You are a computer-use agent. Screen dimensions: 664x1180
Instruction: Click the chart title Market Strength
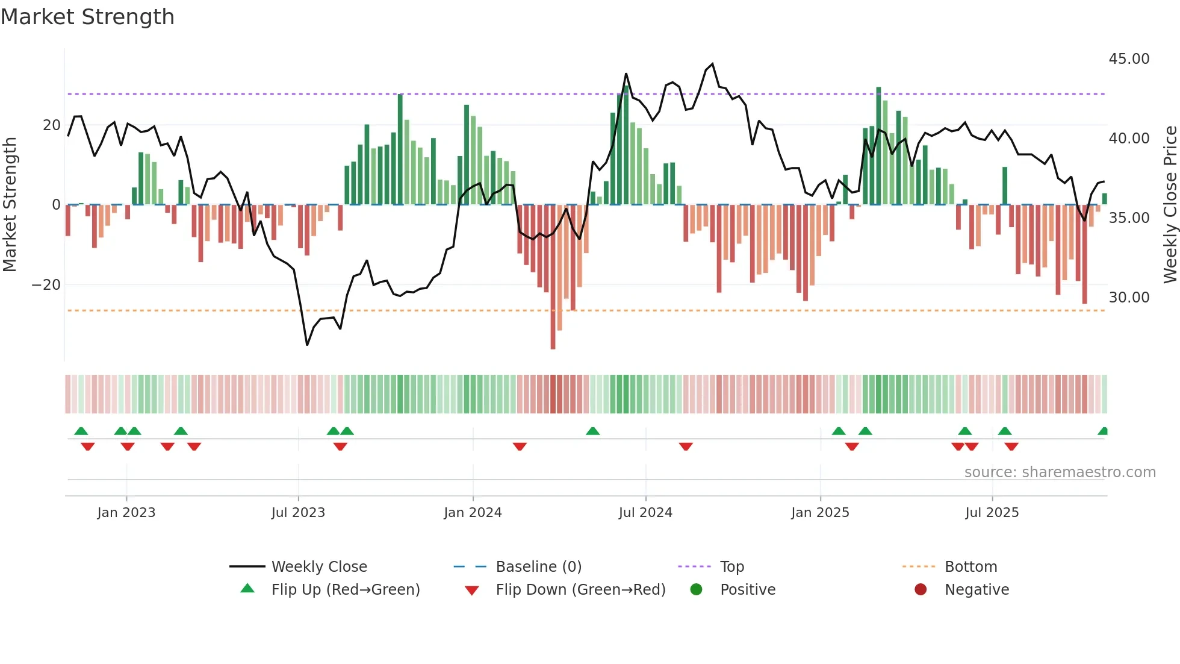click(87, 17)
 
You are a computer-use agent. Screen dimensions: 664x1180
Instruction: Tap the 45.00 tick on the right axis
click(1129, 59)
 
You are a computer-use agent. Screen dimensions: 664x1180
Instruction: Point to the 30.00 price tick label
click(1129, 298)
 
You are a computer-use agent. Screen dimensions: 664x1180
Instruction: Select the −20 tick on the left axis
click(46, 284)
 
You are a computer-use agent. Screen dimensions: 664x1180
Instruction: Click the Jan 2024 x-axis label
click(473, 513)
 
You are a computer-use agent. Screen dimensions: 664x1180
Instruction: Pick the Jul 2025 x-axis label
click(992, 513)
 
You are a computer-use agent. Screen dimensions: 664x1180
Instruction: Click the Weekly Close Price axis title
click(1170, 205)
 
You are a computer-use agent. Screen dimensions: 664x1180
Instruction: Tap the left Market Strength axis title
click(10, 205)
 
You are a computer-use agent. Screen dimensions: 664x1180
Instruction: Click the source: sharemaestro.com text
click(1060, 472)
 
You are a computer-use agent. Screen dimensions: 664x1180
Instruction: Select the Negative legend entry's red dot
click(921, 590)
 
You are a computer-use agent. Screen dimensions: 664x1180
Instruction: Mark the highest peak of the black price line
click(713, 64)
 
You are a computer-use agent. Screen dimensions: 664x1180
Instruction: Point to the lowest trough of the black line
click(307, 345)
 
